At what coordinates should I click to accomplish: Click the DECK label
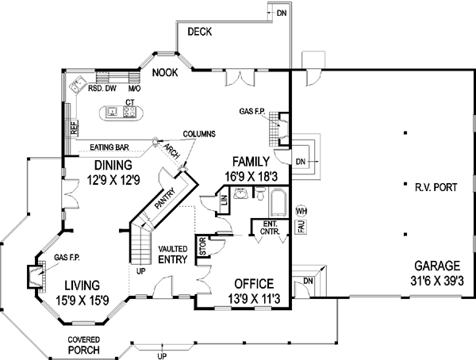[x=199, y=33]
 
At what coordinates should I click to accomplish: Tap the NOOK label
[x=166, y=73]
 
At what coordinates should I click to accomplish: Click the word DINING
[x=112, y=165]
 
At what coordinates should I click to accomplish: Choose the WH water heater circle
[x=301, y=211]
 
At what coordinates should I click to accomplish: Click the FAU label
[x=301, y=228]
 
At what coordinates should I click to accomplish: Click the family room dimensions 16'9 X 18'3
[x=253, y=177]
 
